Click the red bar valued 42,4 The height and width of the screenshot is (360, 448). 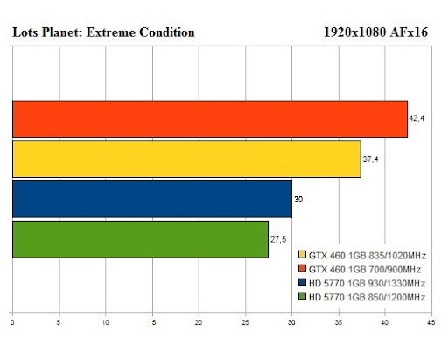(210, 119)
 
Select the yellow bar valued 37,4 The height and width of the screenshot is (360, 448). (186, 159)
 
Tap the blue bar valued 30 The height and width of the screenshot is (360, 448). (152, 199)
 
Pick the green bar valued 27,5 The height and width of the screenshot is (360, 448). (140, 239)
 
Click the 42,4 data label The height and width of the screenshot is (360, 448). (416, 118)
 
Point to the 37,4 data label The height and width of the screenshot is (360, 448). (370, 159)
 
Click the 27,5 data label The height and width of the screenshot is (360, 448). (278, 240)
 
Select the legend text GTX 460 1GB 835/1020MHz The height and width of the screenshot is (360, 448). (367, 256)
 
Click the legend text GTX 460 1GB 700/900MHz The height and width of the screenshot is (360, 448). (365, 269)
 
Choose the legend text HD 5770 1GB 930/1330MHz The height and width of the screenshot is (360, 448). (367, 283)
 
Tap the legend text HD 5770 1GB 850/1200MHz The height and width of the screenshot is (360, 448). (367, 297)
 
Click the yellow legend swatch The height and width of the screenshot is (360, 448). (302, 254)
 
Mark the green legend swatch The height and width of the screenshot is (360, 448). (302, 296)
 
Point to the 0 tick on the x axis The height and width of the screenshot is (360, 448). (12, 322)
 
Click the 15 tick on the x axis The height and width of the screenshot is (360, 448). (152, 322)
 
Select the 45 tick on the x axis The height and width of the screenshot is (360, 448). (431, 322)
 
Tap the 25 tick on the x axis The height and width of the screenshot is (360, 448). (245, 322)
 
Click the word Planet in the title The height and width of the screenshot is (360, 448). (62, 32)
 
